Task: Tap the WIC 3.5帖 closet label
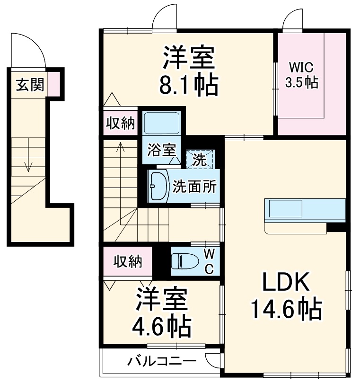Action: [x=301, y=74]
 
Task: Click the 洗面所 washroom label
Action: [x=194, y=186]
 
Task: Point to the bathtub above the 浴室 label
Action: [x=161, y=124]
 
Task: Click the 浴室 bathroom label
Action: [x=161, y=150]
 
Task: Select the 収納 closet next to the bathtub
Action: [x=120, y=124]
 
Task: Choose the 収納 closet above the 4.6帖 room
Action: [x=128, y=260]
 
